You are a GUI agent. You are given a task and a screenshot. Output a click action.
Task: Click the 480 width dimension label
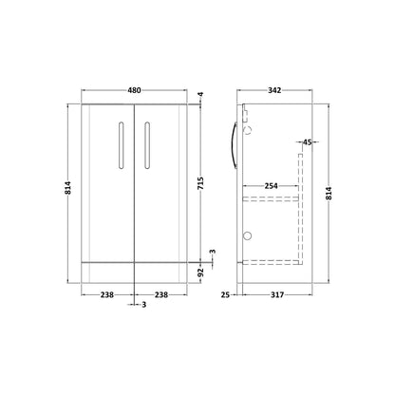(x=134, y=90)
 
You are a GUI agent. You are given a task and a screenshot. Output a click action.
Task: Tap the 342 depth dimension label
(x=274, y=90)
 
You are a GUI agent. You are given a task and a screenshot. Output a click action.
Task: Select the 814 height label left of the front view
(x=68, y=188)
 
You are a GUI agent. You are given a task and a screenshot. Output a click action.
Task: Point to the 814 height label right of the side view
(x=329, y=194)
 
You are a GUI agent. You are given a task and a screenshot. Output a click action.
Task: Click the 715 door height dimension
(x=200, y=183)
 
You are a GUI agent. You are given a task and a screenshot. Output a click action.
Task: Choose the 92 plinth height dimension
(x=200, y=273)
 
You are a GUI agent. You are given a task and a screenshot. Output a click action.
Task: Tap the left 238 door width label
(x=107, y=295)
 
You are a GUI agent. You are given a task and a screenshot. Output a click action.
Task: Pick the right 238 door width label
(x=161, y=295)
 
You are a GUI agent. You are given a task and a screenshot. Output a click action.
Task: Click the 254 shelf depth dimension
(x=272, y=186)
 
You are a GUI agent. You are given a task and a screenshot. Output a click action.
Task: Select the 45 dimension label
(x=308, y=142)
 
